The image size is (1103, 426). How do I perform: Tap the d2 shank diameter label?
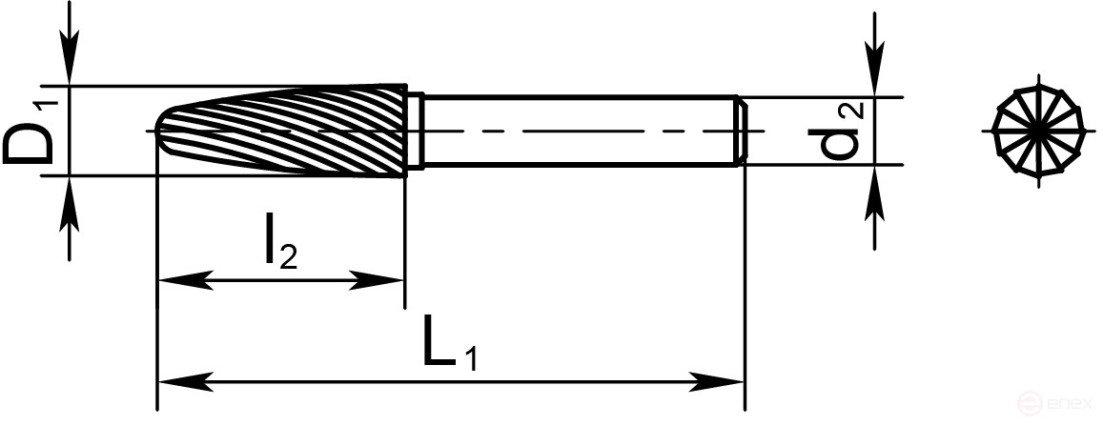838,131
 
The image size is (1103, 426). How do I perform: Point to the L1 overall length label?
449,348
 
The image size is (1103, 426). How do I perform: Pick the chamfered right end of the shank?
740,131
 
